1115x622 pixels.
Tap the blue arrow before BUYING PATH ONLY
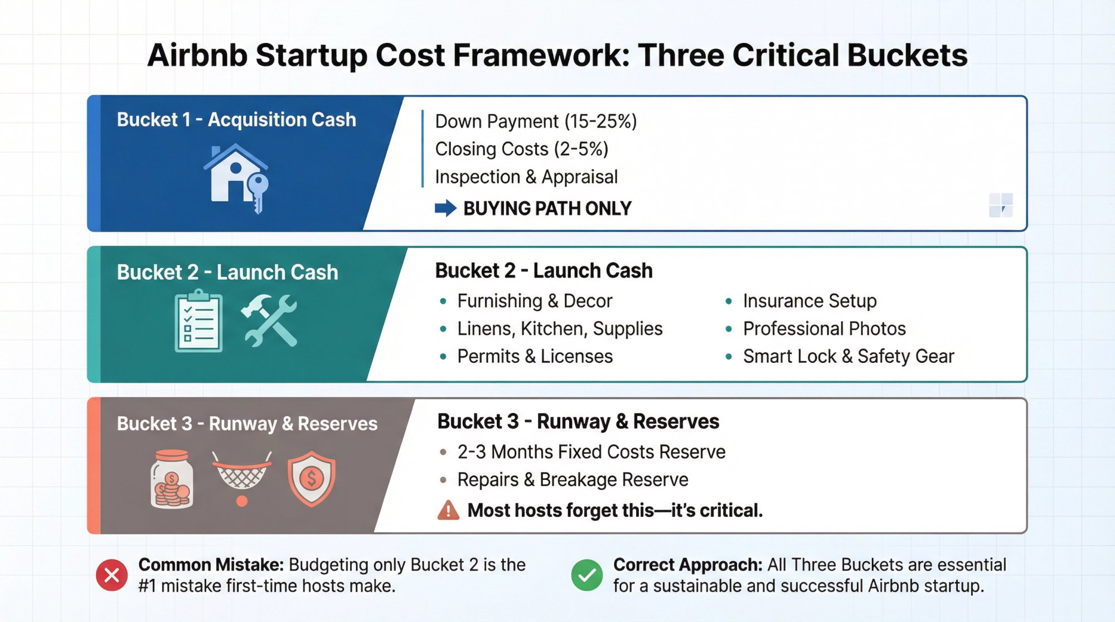click(x=445, y=208)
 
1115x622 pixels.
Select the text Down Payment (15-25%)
click(x=535, y=122)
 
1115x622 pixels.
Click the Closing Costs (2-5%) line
click(x=521, y=149)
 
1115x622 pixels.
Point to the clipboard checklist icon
click(x=198, y=321)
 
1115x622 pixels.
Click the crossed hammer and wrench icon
click(x=270, y=321)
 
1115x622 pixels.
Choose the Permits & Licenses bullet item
click(x=534, y=357)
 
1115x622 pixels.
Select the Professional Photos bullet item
click(x=823, y=329)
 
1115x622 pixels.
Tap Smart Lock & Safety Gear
click(x=848, y=357)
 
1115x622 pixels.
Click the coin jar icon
click(x=172, y=479)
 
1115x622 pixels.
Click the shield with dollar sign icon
click(x=312, y=478)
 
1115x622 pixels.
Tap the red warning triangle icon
click(x=448, y=511)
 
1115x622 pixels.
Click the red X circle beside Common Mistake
click(x=111, y=575)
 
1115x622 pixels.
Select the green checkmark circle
click(x=586, y=575)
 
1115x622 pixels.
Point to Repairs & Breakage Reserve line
click(x=572, y=480)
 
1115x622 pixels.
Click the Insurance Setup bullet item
click(x=809, y=301)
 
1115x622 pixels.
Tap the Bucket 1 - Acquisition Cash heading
click(x=236, y=120)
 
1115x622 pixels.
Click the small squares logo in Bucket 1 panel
click(x=1000, y=205)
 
